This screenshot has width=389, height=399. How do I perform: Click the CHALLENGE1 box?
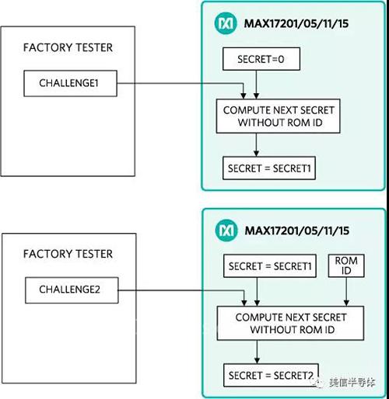click(70, 83)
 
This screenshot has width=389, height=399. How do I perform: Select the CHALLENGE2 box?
click(72, 290)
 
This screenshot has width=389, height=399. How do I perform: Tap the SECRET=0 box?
click(261, 59)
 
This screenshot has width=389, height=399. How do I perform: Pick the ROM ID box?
click(346, 265)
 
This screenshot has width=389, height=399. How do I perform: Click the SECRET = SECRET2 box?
click(271, 375)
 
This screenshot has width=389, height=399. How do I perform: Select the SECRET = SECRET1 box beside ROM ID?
click(270, 266)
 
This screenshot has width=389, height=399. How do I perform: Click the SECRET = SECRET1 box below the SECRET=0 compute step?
click(269, 168)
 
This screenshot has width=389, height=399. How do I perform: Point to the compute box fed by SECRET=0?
click(279, 116)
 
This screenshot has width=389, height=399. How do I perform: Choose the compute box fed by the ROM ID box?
click(290, 323)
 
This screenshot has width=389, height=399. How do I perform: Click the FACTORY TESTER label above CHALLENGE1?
click(68, 47)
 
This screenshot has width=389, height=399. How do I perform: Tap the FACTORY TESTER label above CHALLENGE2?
click(68, 254)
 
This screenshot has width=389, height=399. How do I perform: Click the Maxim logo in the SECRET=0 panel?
click(226, 23)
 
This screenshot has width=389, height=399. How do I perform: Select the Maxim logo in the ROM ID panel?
click(226, 231)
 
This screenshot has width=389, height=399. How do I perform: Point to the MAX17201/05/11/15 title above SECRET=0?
click(296, 23)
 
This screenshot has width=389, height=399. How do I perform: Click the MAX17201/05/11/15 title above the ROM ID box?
click(297, 231)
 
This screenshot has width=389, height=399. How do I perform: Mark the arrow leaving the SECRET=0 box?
click(256, 85)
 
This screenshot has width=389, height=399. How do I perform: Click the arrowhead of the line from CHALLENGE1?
click(244, 95)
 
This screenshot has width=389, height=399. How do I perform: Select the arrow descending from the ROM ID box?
click(346, 292)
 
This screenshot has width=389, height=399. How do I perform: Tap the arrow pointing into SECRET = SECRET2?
click(257, 352)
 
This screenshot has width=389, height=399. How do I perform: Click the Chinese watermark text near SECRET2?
click(352, 383)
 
